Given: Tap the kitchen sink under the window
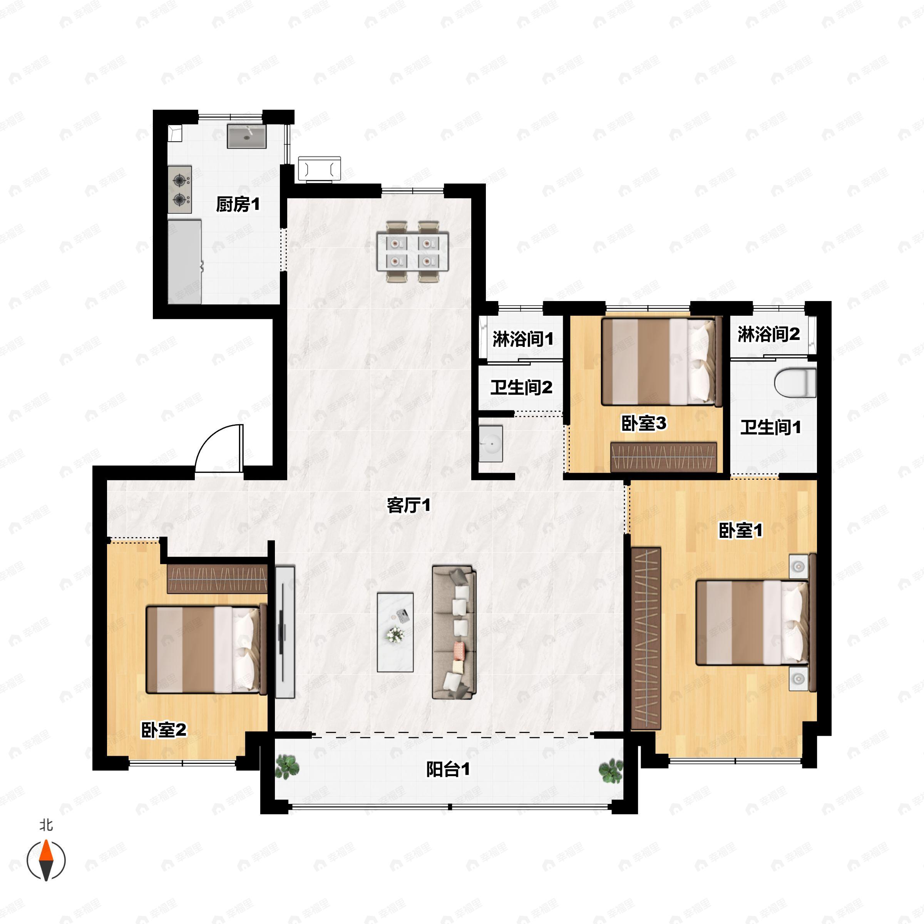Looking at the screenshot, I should pyautogui.click(x=246, y=136).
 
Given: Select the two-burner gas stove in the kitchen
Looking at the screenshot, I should pyautogui.click(x=180, y=189).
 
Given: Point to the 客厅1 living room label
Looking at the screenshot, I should pyautogui.click(x=408, y=505).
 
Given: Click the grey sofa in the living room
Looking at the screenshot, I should pyautogui.click(x=454, y=633).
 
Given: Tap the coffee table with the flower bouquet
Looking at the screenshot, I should pyautogui.click(x=395, y=632).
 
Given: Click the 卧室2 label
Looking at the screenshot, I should pyautogui.click(x=164, y=730).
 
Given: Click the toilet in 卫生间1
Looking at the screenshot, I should pyautogui.click(x=795, y=382).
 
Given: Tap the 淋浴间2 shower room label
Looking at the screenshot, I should pyautogui.click(x=768, y=334).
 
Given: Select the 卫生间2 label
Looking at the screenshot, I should pyautogui.click(x=521, y=387).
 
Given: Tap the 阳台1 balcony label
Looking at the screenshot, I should pyautogui.click(x=448, y=770).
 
